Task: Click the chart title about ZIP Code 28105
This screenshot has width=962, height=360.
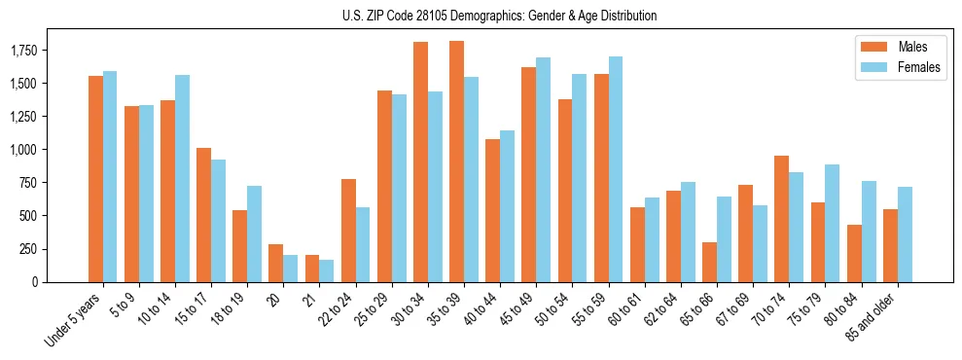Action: [x=499, y=16]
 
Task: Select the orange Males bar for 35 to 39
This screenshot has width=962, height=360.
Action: [x=456, y=162]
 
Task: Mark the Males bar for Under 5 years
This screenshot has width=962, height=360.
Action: [x=95, y=179]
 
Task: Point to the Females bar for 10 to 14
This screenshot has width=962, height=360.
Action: [x=182, y=178]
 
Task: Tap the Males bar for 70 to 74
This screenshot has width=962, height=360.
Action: [x=781, y=219]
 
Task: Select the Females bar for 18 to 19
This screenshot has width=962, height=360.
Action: [x=254, y=234]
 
